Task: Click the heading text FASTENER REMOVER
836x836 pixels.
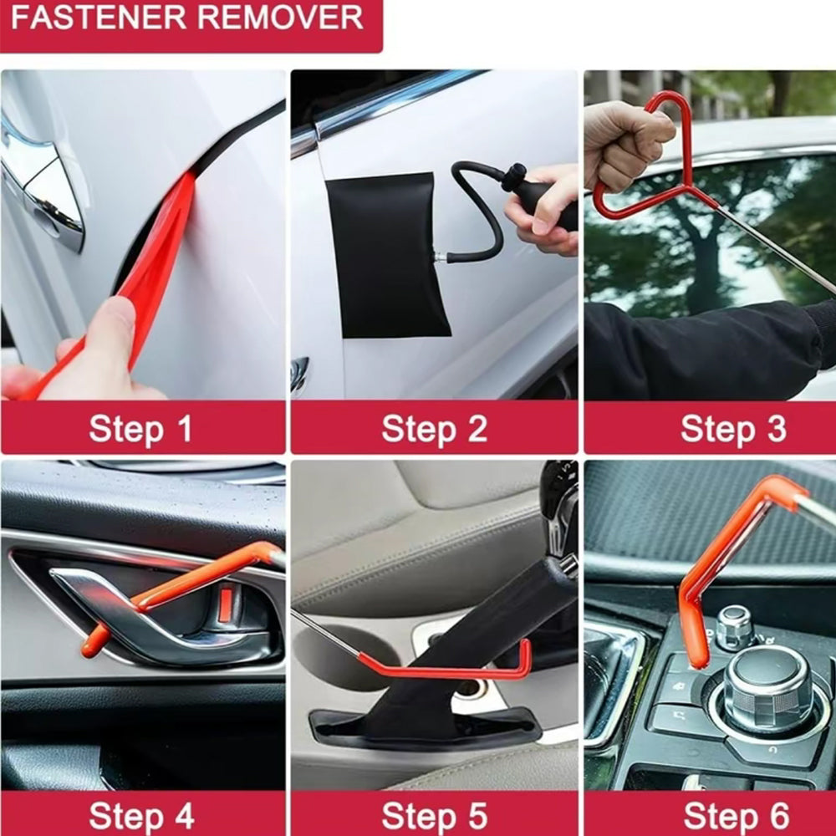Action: (187, 18)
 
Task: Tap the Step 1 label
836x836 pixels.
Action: (140, 429)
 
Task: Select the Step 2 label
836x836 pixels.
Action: (434, 429)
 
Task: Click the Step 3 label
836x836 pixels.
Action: (732, 429)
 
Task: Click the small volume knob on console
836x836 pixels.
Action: (734, 625)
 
